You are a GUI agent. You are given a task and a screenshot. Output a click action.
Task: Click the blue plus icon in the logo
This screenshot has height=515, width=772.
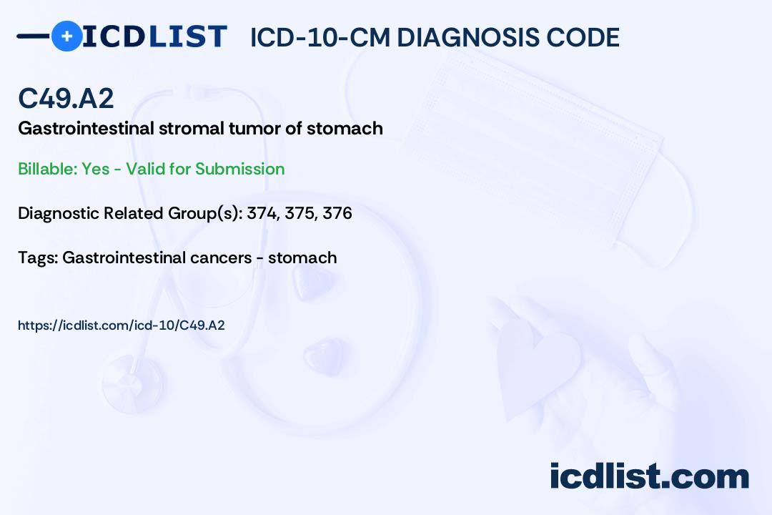(66, 36)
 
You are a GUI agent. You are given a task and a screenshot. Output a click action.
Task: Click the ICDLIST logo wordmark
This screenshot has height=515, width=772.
(154, 36)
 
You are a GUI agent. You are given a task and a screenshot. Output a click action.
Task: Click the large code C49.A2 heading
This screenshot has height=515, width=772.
(66, 98)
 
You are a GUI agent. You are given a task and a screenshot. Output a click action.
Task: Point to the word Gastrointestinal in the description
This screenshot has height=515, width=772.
(86, 128)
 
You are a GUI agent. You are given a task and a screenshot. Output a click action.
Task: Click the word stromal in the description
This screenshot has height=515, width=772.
(191, 128)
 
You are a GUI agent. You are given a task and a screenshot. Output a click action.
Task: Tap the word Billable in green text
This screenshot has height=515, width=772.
(47, 169)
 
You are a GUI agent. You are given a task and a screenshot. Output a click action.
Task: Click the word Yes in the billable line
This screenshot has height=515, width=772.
(96, 169)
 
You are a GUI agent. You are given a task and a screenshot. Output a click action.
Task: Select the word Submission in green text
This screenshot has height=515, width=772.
(239, 169)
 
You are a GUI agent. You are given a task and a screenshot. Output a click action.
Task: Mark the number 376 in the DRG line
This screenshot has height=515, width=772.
(337, 213)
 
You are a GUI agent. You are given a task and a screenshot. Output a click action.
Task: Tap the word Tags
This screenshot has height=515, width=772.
(38, 257)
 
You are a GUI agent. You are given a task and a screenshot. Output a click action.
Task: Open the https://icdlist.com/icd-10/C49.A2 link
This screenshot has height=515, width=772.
(121, 325)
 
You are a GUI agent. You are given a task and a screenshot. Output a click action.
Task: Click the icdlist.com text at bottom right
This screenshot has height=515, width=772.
(650, 476)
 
